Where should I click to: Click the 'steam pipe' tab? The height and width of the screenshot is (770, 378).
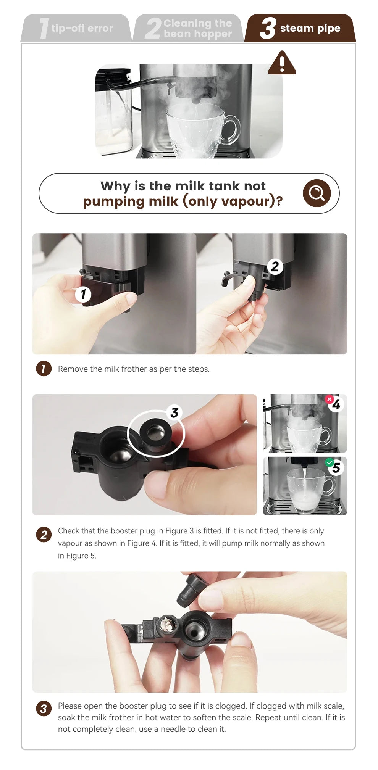(300, 28)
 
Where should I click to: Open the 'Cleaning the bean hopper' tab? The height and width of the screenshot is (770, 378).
(188, 28)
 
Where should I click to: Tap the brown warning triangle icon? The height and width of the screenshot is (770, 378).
(282, 63)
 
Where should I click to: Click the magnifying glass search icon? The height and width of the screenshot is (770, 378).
(317, 193)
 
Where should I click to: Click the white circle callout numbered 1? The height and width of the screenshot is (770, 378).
(83, 294)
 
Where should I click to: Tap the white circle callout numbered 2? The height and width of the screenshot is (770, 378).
(275, 266)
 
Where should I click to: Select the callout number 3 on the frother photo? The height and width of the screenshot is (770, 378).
(174, 412)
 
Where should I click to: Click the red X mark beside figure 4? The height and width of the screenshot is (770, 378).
(329, 399)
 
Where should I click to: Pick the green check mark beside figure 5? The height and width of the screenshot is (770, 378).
(329, 462)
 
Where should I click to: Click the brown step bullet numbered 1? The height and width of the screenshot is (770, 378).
(44, 369)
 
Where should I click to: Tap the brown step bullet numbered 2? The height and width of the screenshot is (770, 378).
(44, 535)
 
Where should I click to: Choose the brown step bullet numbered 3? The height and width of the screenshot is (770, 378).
(44, 709)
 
